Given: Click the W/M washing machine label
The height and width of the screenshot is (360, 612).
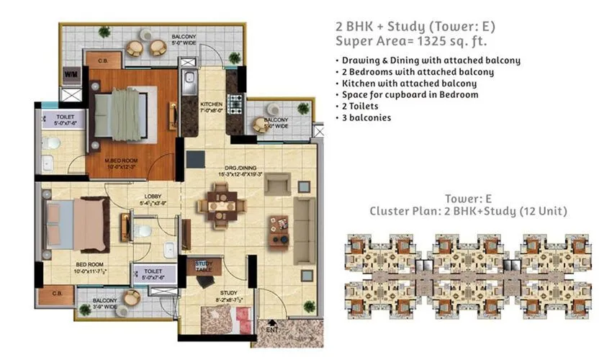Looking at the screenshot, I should pyautogui.click(x=71, y=74).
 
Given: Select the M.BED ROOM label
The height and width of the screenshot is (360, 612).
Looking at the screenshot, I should pyautogui.click(x=120, y=163).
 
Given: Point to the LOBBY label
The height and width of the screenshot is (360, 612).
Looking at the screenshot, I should pyautogui.click(x=152, y=199).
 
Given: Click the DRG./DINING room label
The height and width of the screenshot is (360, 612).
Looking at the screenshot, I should pyautogui.click(x=237, y=171).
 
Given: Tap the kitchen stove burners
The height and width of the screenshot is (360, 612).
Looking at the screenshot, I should pyautogui.click(x=235, y=102).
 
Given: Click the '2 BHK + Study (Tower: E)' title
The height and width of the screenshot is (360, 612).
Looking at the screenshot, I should pyautogui.click(x=416, y=26).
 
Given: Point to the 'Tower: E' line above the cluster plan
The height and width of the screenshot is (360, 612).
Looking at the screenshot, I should pyautogui.click(x=469, y=199).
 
